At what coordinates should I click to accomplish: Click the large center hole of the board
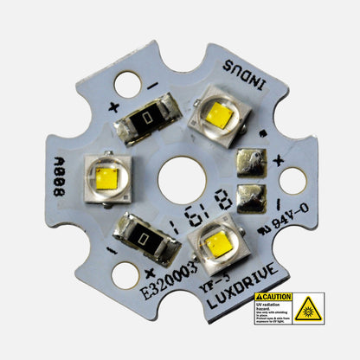181,179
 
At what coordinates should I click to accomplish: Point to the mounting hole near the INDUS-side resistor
126,83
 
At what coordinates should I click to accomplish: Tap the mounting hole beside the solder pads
292,181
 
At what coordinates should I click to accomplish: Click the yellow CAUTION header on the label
272,297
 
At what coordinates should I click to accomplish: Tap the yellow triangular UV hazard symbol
307,308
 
